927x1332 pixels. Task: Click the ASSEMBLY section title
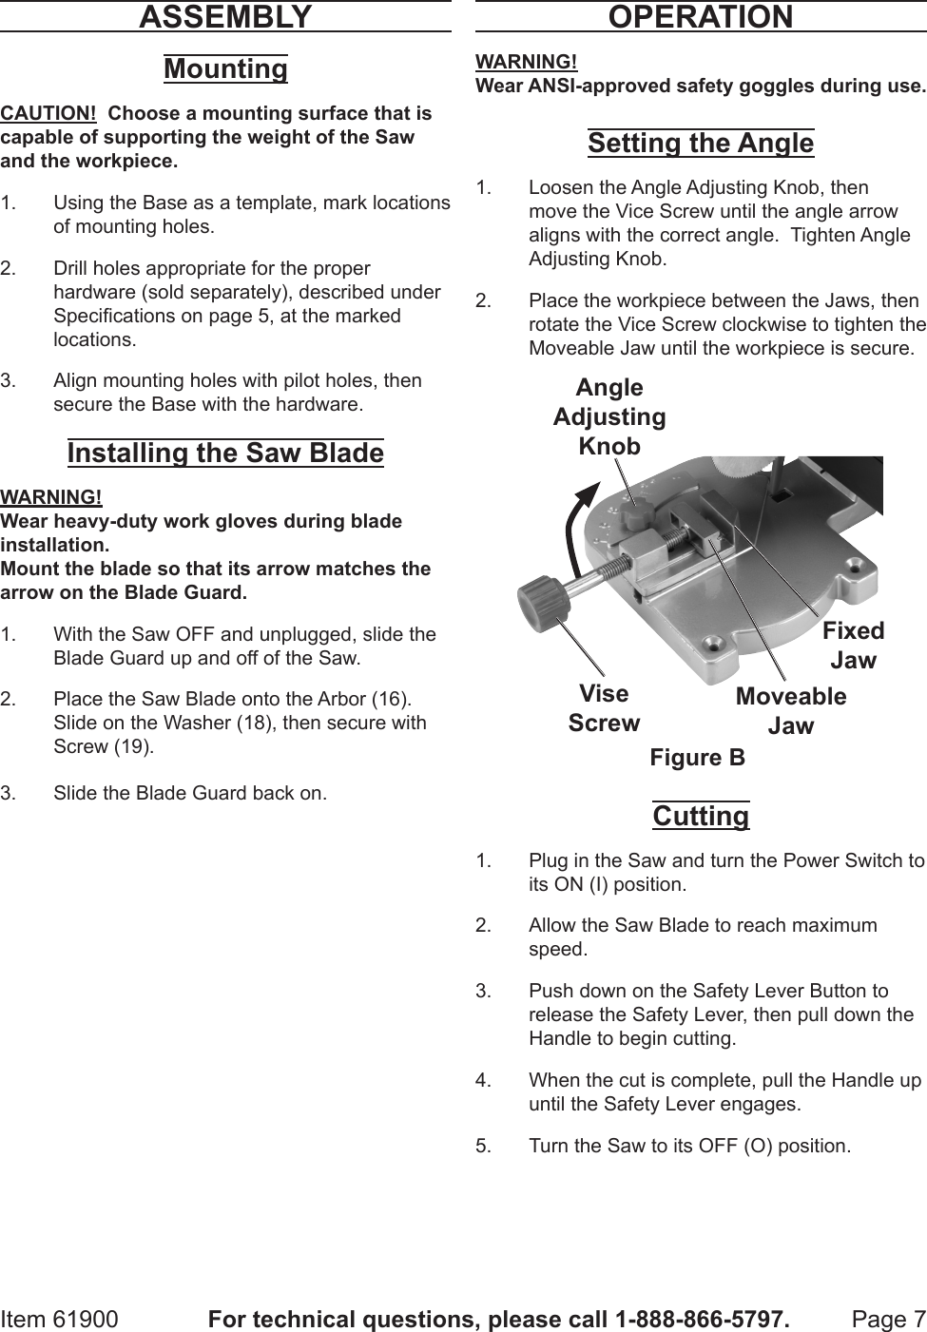coord(225,17)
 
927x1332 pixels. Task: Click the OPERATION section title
coord(700,17)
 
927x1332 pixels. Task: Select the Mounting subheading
coord(225,69)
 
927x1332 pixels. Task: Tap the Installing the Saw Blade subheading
coord(225,453)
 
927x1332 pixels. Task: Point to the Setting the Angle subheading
coord(701,144)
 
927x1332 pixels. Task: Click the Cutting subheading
coord(701,816)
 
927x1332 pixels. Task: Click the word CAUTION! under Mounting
coord(48,113)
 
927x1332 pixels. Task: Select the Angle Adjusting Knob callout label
coord(609,416)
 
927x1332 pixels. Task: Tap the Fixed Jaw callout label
coord(853,645)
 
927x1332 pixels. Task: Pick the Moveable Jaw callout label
coord(791,710)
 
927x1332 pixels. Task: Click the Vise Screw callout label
coord(604,708)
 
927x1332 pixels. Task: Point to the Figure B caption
coord(697,758)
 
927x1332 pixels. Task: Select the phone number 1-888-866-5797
coord(702,1320)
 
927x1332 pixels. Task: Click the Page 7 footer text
coord(888,1320)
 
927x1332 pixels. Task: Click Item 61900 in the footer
coord(60,1320)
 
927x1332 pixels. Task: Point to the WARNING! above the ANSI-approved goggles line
coord(526,62)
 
